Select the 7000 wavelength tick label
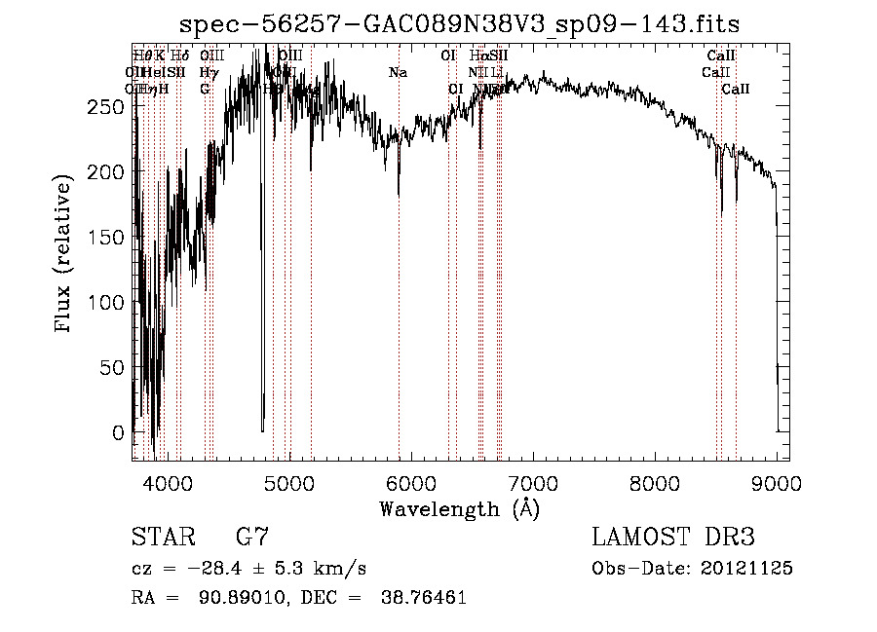click(533, 483)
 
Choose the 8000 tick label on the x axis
click(655, 483)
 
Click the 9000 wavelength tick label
click(777, 483)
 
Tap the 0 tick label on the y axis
click(119, 432)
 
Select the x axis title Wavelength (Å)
click(459, 508)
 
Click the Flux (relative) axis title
click(65, 255)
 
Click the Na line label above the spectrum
click(398, 73)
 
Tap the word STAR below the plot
click(162, 538)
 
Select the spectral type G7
click(252, 538)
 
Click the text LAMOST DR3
click(672, 538)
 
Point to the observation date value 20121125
click(750, 569)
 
